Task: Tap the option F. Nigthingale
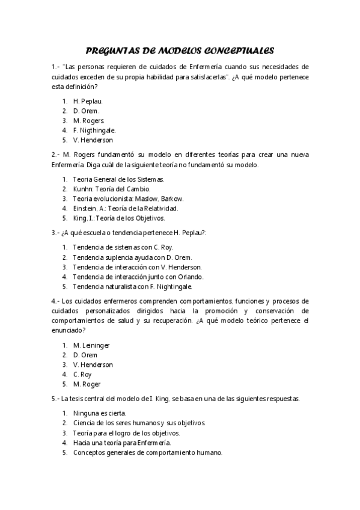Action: [94, 130]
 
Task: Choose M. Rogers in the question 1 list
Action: [88, 120]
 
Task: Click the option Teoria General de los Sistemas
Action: [118, 179]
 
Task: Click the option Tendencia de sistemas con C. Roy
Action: [123, 247]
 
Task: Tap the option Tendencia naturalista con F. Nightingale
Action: [132, 286]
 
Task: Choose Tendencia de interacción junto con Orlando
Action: [138, 277]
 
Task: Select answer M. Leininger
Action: [91, 345]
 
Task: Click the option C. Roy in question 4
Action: [82, 374]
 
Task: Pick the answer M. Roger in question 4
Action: [87, 384]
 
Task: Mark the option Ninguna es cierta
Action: [100, 413]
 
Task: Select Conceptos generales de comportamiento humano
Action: [147, 452]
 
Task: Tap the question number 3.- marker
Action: [56, 232]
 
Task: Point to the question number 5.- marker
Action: [56, 399]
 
